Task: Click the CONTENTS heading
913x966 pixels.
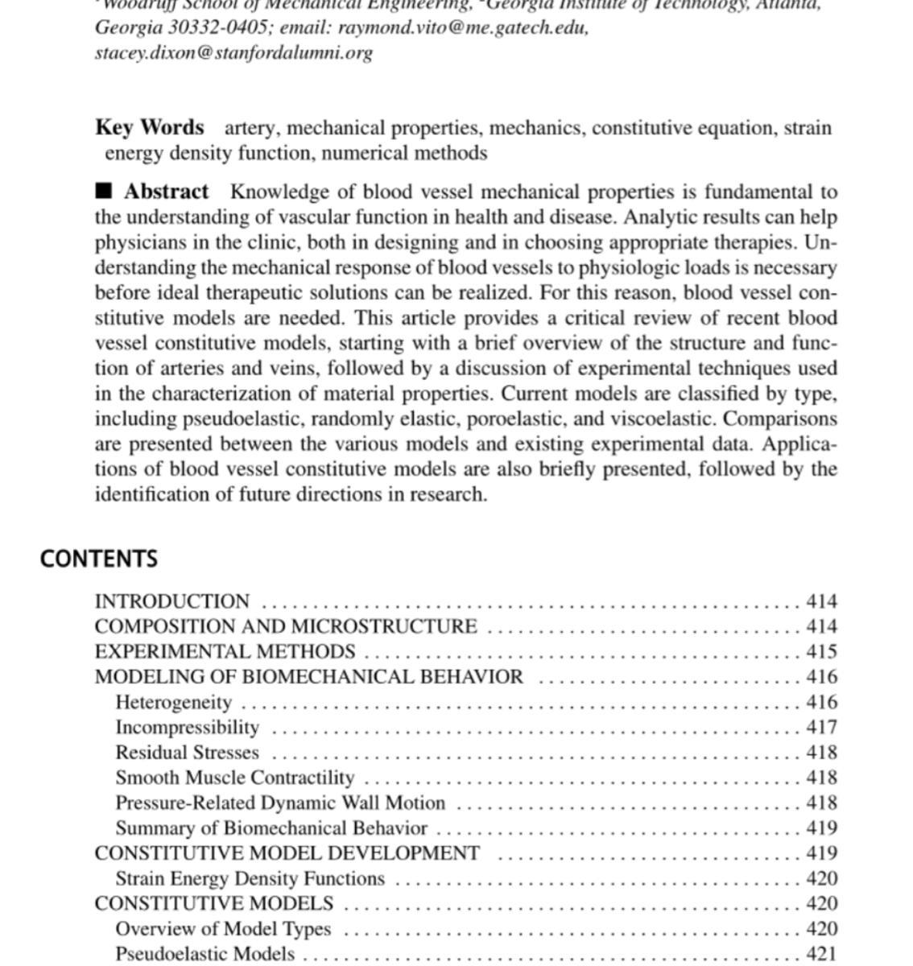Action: point(98,559)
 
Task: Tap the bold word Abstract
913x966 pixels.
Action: point(166,192)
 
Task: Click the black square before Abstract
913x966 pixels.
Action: point(104,191)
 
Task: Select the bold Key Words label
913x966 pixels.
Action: point(149,127)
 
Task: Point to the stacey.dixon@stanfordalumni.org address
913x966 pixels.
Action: point(233,52)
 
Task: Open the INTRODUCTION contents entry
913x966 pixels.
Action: point(172,601)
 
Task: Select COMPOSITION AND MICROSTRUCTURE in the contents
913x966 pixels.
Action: point(286,626)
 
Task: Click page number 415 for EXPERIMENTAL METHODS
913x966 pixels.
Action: point(821,651)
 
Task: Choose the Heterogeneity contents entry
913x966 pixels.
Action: point(174,702)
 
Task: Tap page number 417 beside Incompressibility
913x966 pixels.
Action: point(821,727)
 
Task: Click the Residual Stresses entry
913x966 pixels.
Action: point(188,753)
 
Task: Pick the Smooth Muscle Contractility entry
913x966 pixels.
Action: point(235,778)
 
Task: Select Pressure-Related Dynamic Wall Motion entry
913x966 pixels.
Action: point(280,803)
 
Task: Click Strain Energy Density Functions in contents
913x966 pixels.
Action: point(250,878)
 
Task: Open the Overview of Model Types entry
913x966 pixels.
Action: point(223,928)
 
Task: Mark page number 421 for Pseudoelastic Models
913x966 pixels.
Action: point(821,954)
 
